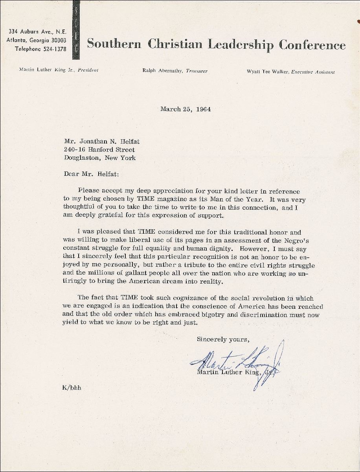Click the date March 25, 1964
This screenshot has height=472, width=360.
click(186, 109)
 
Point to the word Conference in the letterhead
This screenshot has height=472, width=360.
click(312, 44)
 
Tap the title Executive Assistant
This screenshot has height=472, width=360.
click(313, 72)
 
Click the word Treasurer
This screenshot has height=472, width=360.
click(195, 71)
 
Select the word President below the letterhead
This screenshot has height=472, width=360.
click(88, 70)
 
